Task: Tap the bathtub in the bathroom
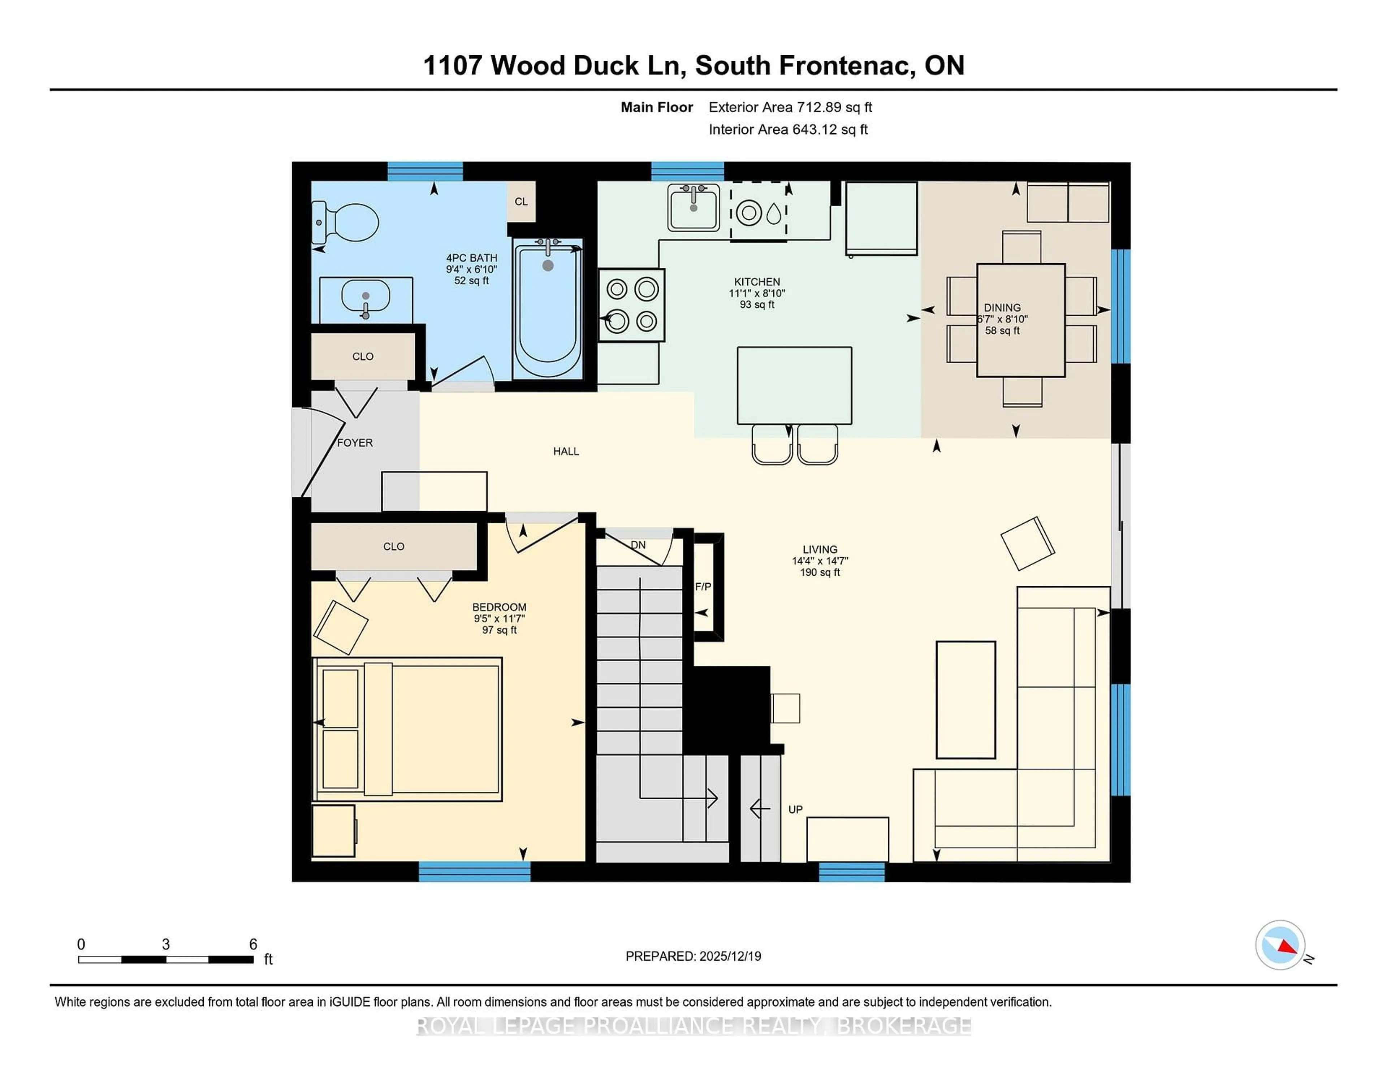[x=548, y=310]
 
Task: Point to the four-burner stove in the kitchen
[x=631, y=305]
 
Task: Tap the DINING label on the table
[x=1002, y=307]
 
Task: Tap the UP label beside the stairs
[x=795, y=809]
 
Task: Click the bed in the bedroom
[x=408, y=729]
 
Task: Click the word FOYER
[x=354, y=443]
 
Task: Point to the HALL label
[x=566, y=451]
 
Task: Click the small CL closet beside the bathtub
[x=521, y=201]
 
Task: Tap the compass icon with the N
[x=1280, y=945]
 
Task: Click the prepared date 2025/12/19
[x=730, y=956]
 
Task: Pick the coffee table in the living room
[x=965, y=699]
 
